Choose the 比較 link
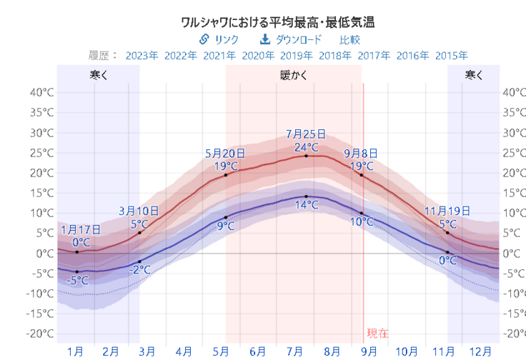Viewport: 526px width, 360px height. [349, 39]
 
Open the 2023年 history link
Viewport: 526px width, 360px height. [142, 55]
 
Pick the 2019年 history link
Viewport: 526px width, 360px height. [297, 55]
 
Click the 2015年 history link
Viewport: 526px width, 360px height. [451, 55]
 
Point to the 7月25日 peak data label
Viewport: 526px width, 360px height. [306, 134]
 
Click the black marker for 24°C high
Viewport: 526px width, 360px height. [306, 156]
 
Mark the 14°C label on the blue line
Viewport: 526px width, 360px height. [306, 205]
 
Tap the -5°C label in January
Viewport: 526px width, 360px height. [76, 281]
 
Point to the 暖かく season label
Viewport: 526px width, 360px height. [294, 74]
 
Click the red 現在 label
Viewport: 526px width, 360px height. [378, 333]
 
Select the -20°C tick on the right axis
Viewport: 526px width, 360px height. [513, 334]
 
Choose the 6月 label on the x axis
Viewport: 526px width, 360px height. [258, 351]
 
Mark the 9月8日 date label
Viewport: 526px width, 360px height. [362, 153]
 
